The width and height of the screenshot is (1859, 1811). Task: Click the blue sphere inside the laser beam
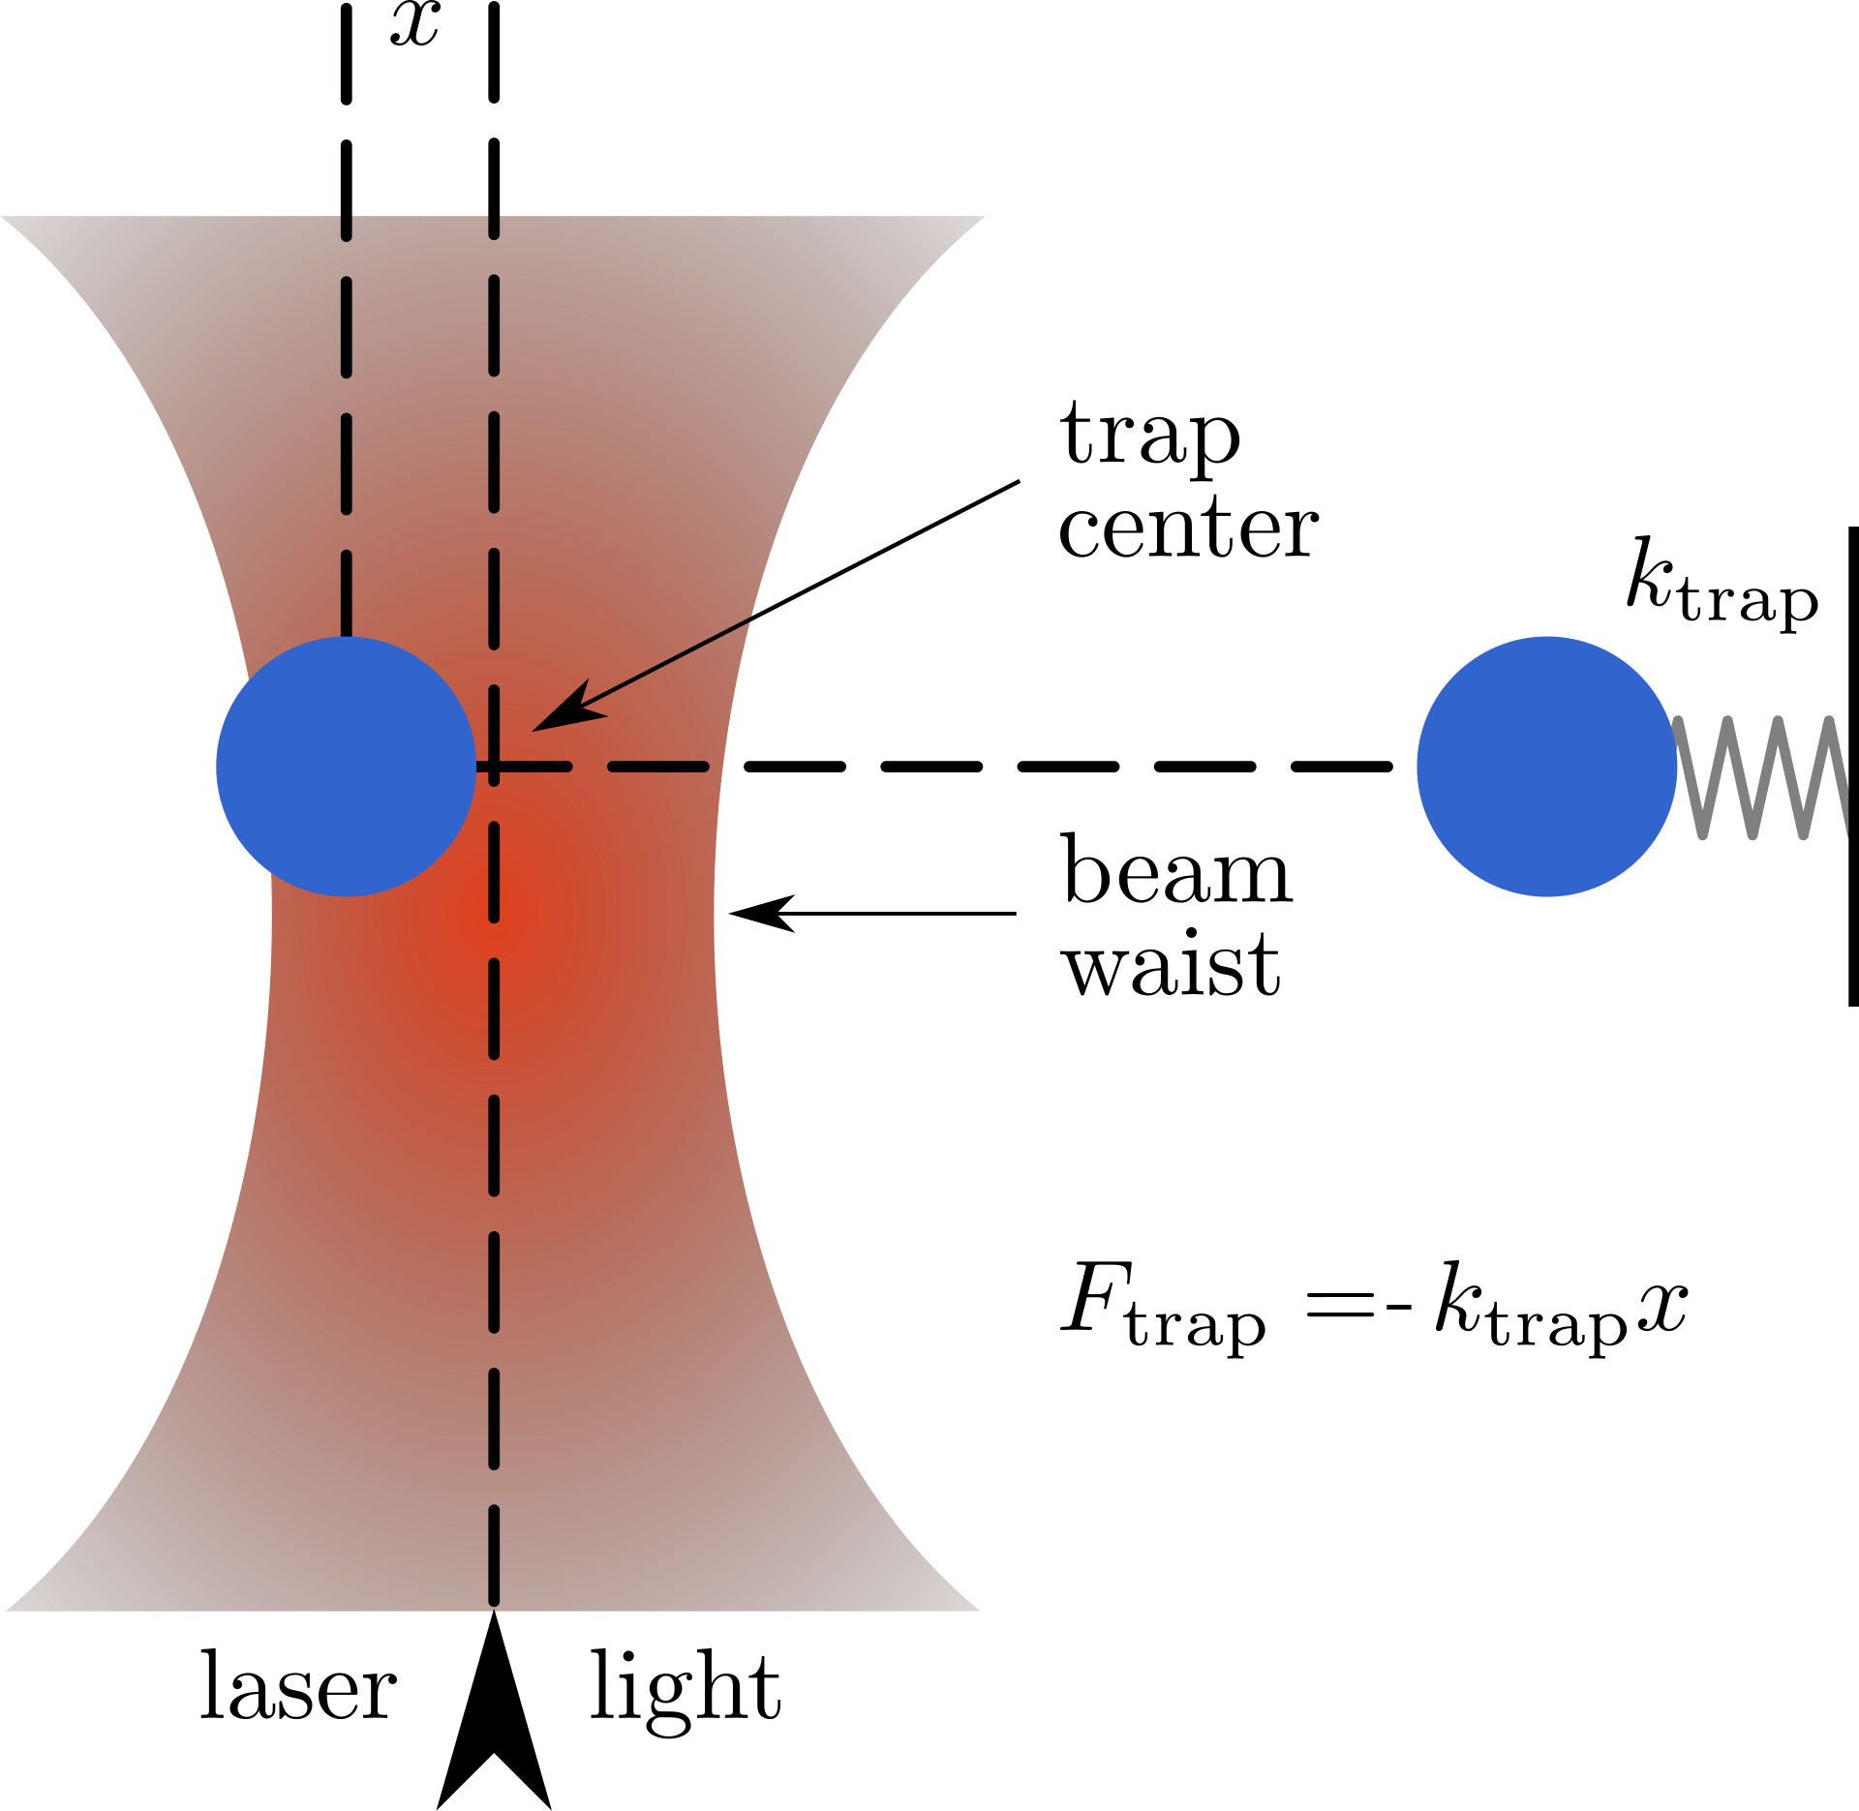click(346, 767)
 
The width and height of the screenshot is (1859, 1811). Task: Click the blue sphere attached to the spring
click(1546, 767)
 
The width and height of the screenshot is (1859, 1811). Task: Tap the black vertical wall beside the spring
click(1853, 767)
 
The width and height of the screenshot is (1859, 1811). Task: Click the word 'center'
click(1188, 528)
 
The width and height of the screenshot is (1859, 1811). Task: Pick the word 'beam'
click(1176, 868)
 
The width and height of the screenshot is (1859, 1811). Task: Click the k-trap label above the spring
click(1722, 585)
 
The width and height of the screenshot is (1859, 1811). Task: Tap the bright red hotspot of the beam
click(494, 915)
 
